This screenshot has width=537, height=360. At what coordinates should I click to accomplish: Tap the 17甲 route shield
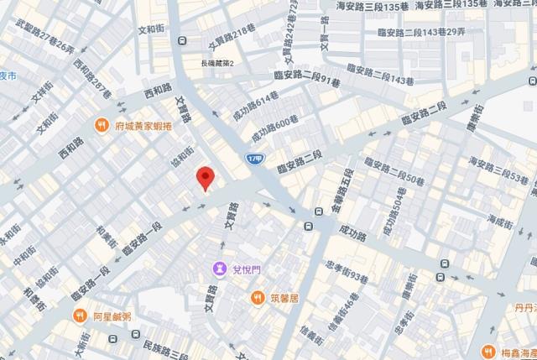pyautogui.click(x=255, y=158)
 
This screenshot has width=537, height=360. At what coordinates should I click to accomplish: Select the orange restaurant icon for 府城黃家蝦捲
pyautogui.click(x=102, y=126)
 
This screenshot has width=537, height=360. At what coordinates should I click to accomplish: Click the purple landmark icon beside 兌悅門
pyautogui.click(x=220, y=269)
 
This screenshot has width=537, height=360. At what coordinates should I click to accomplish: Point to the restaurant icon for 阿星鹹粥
pyautogui.click(x=80, y=316)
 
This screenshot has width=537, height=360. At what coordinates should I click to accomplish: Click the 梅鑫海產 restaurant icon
pyautogui.click(x=487, y=351)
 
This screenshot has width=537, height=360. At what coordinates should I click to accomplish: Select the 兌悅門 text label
pyautogui.click(x=245, y=269)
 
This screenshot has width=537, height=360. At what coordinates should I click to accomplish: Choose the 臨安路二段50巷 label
pyautogui.click(x=391, y=169)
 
